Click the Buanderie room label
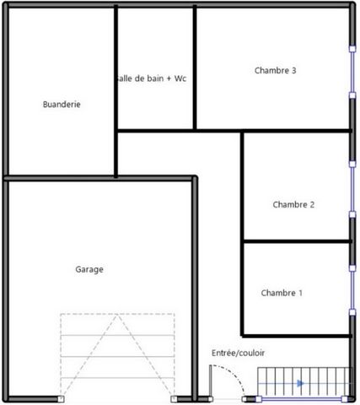(62, 105)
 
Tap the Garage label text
(89, 269)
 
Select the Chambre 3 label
(275, 70)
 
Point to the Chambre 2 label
(293, 204)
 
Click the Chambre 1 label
(282, 293)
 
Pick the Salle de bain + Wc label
(152, 78)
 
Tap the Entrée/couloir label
(238, 353)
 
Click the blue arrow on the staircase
(300, 383)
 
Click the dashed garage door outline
(117, 314)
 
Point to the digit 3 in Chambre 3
(293, 70)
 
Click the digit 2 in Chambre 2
(312, 204)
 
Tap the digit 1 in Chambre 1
(300, 293)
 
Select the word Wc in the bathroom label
(180, 78)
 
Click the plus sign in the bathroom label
(169, 78)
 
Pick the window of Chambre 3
(352, 72)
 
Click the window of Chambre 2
(352, 189)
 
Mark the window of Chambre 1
(352, 290)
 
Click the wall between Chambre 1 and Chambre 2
(297, 241)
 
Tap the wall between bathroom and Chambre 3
(195, 67)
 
